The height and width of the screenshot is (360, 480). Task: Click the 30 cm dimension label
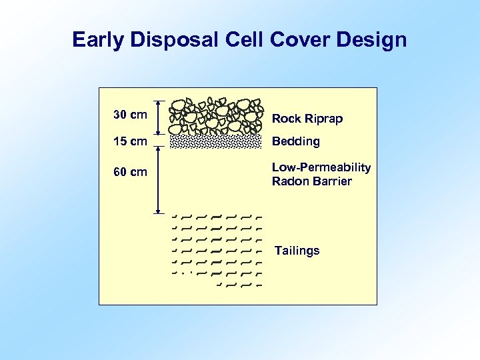coord(130,115)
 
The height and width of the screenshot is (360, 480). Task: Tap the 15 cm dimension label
coord(130,141)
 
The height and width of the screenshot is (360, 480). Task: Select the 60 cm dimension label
coord(130,173)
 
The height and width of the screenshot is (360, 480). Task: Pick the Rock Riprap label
coord(307,119)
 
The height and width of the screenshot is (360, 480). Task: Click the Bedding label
coord(295,141)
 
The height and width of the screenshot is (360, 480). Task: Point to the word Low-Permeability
coord(321,167)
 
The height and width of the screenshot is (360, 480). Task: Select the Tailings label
coord(297,251)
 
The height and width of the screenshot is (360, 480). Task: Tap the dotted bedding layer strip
coord(215,141)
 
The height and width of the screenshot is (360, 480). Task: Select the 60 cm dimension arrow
coord(159,179)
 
